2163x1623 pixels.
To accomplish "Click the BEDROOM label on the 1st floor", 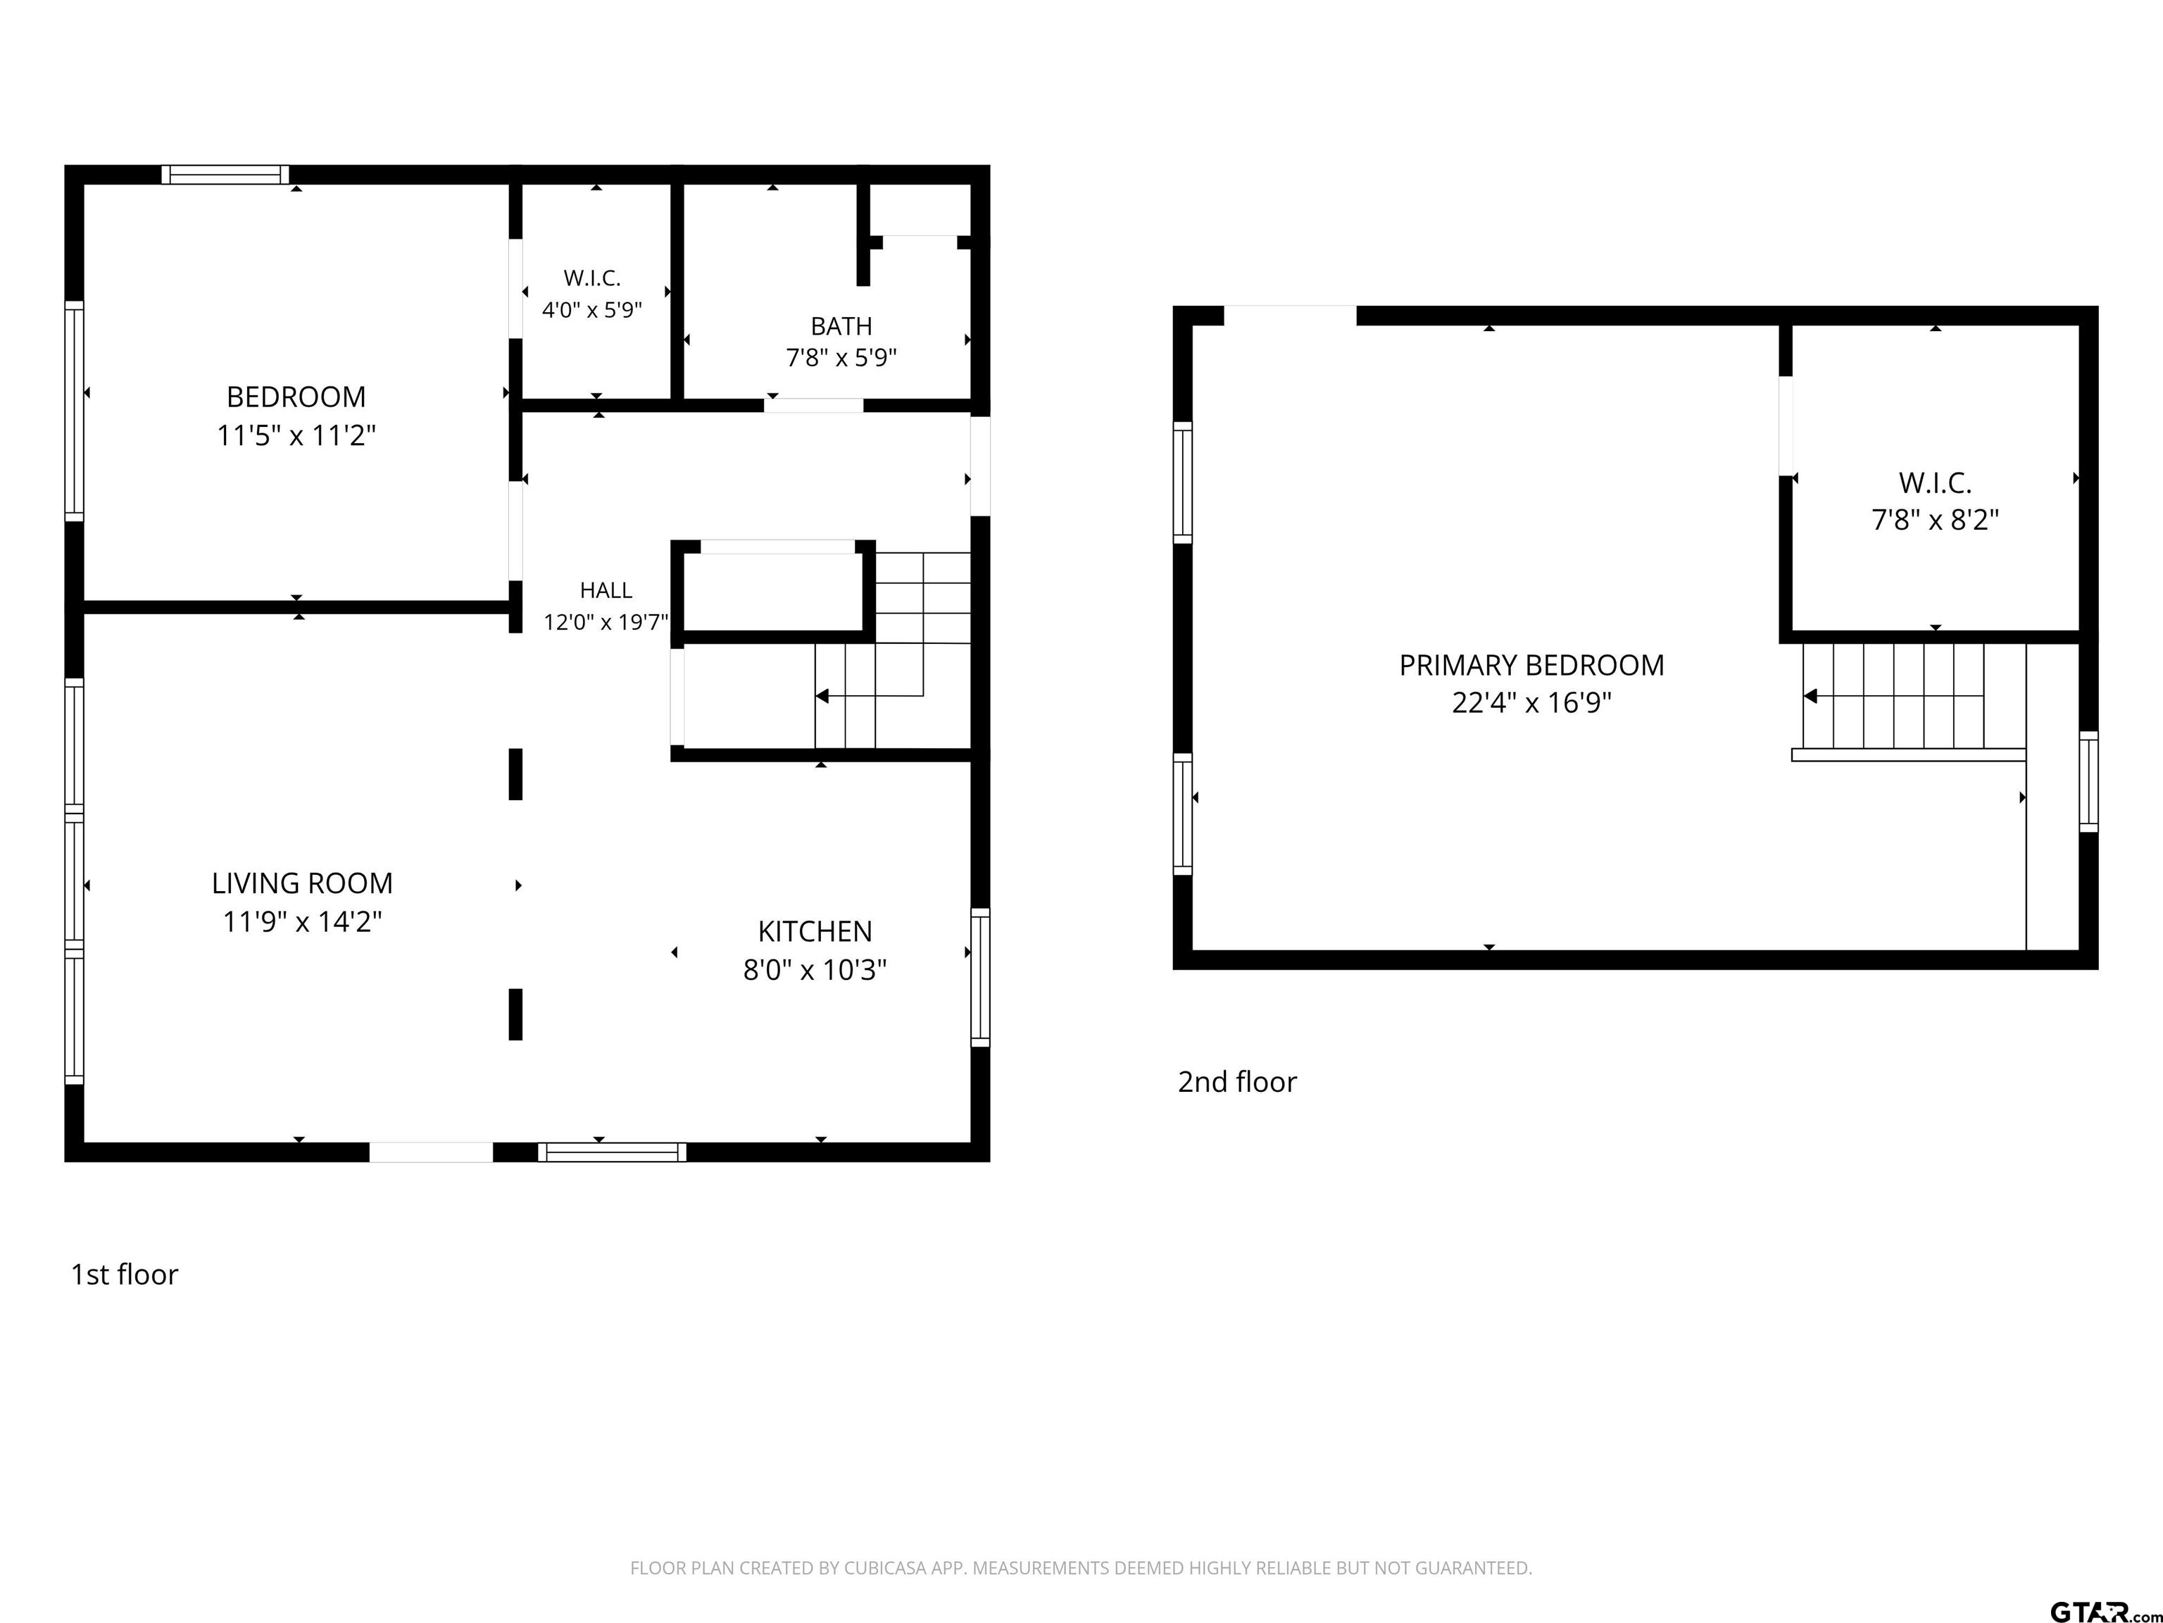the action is (296, 397).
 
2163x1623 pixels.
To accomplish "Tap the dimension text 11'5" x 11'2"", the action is (296, 435).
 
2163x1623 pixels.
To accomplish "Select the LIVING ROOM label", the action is (302, 883).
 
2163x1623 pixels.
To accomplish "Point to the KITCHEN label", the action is (815, 931).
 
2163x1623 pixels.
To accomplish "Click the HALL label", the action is (606, 590).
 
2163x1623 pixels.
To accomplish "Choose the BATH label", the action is (841, 325).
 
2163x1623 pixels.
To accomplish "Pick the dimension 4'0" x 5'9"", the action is (591, 310).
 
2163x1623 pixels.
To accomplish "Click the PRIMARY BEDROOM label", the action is (1531, 665).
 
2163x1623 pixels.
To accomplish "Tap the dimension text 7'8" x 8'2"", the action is (1935, 519).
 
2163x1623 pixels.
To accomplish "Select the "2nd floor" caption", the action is (1237, 1082).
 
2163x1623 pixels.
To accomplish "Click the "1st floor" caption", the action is (124, 1275).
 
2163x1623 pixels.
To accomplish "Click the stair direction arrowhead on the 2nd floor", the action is (1810, 697).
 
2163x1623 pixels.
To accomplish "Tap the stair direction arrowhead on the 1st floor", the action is (822, 697).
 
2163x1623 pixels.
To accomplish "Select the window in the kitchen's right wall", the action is (980, 977).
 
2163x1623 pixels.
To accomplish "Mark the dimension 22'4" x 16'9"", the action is (1531, 702).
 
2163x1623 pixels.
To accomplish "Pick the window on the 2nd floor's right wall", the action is (2088, 782).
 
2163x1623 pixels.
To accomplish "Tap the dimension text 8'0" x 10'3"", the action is (815, 969).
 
